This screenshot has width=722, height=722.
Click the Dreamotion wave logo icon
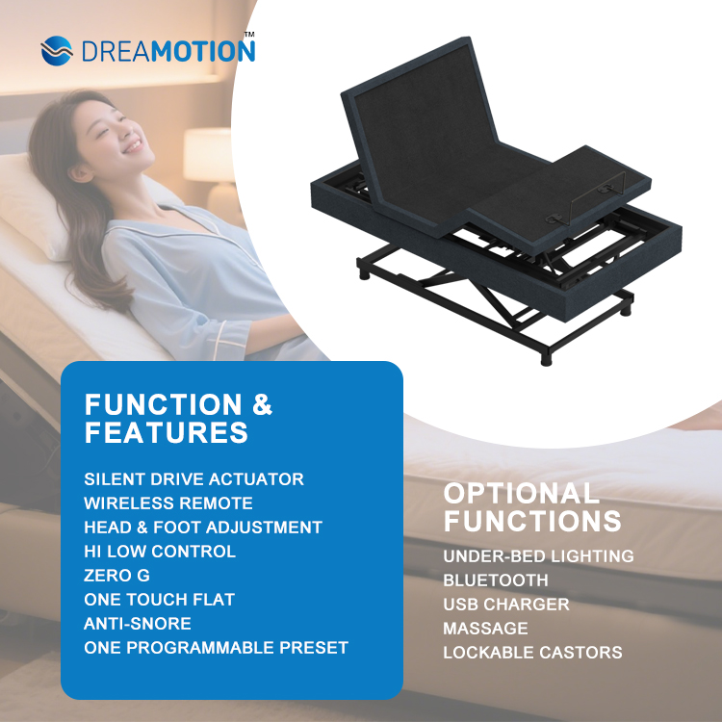click(x=57, y=50)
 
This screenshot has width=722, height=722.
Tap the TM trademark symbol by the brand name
click(x=249, y=34)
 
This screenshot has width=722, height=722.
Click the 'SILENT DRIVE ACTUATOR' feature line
click(x=193, y=479)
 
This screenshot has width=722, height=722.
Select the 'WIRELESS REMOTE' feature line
click(x=168, y=503)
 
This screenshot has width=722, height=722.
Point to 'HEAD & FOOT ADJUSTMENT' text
click(x=203, y=528)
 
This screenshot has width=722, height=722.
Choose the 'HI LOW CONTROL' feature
click(x=160, y=552)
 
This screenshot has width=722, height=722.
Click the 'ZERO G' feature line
click(x=116, y=576)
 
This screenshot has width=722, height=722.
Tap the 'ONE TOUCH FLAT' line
click(x=160, y=600)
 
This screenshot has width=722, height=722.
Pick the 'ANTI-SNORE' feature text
click(x=138, y=624)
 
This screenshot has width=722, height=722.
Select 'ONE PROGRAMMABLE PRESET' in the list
click(x=216, y=648)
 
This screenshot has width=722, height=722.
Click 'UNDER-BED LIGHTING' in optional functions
click(x=538, y=556)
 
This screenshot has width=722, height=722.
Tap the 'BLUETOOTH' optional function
click(x=496, y=580)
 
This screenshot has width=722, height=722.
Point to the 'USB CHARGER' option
click(x=506, y=605)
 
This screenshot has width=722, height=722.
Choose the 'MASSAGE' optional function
click(x=485, y=629)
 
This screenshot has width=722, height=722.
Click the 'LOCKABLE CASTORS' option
click(x=532, y=653)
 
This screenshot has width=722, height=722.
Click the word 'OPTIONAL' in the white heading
click(x=521, y=495)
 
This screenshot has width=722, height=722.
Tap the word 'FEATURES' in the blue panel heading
click(x=167, y=433)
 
